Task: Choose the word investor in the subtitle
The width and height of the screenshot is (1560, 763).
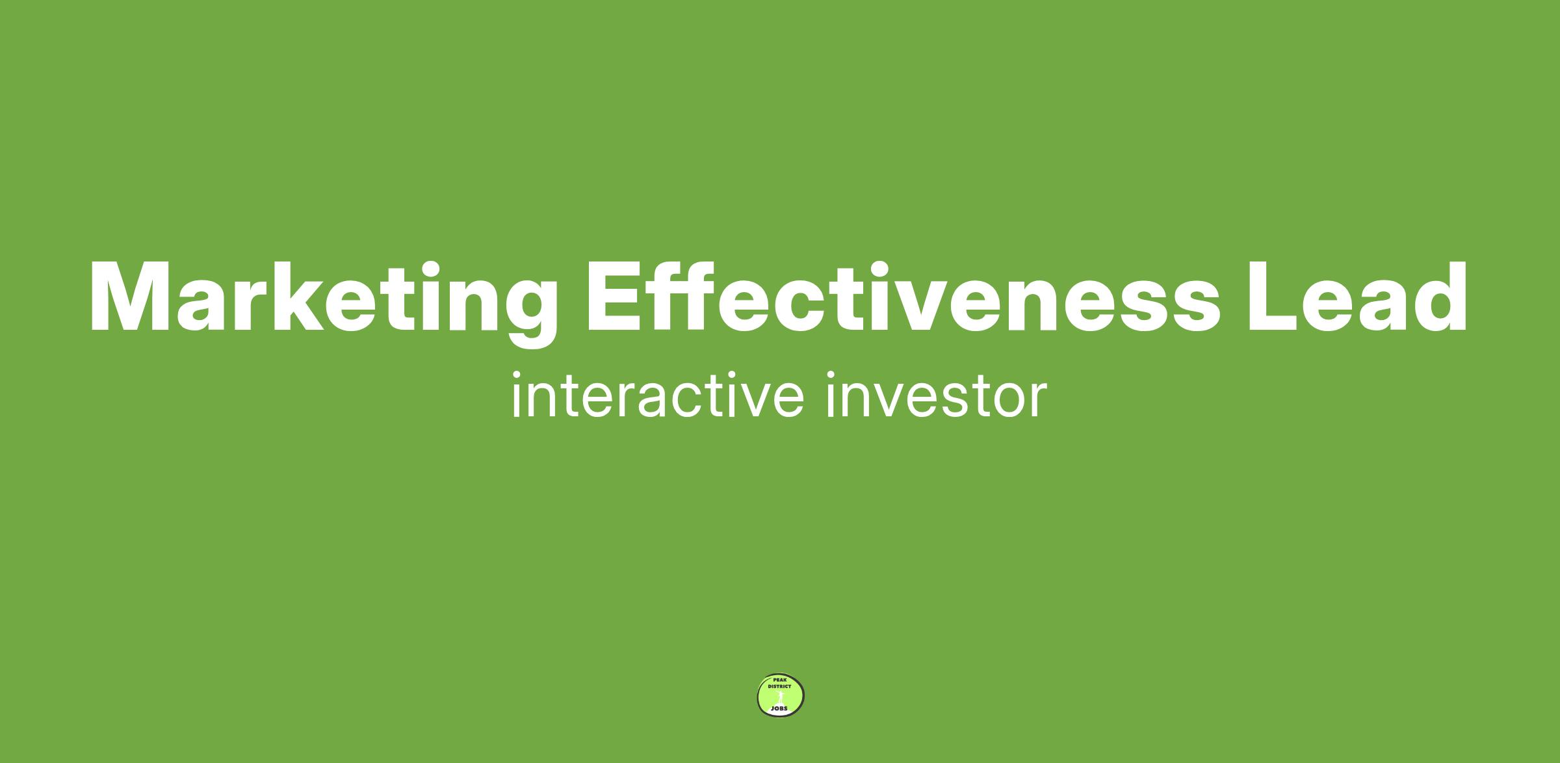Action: point(937,395)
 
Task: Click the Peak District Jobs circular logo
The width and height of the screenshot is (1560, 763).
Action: point(781,695)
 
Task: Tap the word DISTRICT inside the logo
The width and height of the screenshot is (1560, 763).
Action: point(779,686)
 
